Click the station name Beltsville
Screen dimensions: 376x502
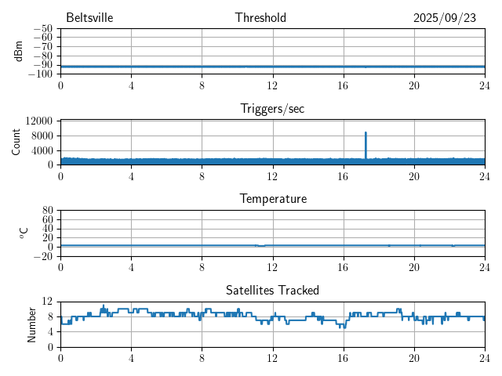(89, 18)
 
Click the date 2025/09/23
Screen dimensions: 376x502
(445, 18)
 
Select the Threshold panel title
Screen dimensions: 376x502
(260, 18)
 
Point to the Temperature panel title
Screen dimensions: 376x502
(272, 199)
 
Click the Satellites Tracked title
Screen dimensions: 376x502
(272, 291)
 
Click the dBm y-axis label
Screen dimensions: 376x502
(18, 51)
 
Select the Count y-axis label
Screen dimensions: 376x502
(16, 142)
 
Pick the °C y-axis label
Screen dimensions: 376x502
(24, 233)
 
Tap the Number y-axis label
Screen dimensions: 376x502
(32, 324)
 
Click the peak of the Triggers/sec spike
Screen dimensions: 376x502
(366, 133)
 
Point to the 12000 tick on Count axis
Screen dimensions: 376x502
(38, 121)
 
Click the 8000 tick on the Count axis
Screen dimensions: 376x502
(42, 136)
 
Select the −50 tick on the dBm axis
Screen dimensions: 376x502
(42, 29)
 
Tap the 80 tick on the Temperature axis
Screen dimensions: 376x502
(47, 211)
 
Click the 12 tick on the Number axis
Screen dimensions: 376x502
(48, 302)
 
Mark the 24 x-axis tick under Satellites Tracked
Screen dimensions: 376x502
(484, 356)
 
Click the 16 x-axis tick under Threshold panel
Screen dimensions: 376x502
(343, 84)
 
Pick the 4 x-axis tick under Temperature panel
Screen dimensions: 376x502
(131, 266)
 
